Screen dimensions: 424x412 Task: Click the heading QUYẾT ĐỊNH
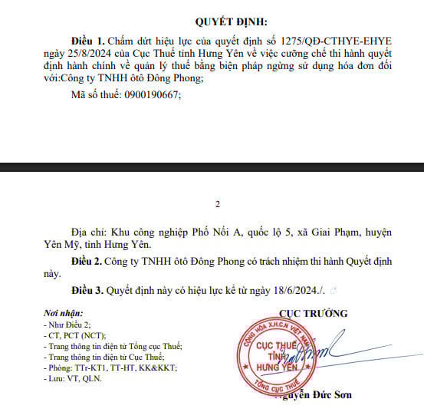215,21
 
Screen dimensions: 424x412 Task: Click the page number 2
217,204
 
